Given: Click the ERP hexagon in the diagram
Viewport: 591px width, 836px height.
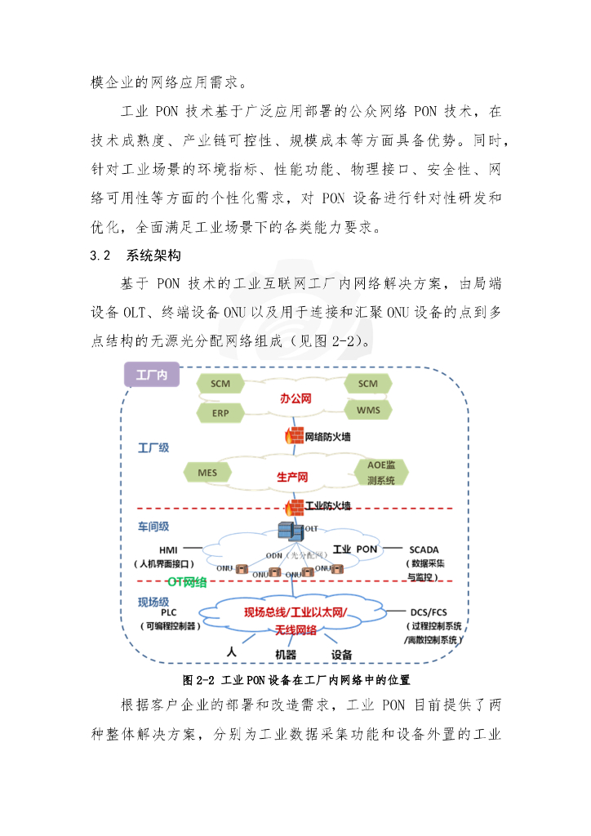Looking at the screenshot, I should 220,413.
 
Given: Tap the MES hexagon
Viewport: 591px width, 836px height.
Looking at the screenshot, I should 207,472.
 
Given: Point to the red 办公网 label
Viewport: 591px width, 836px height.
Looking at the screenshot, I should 296,399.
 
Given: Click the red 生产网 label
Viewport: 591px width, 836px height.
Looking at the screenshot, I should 291,477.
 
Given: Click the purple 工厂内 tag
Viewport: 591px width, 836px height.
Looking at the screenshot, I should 152,375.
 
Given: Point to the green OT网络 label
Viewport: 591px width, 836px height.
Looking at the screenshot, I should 187,582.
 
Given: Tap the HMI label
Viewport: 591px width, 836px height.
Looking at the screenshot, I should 168,549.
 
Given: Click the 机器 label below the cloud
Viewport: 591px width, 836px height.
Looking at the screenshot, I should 286,654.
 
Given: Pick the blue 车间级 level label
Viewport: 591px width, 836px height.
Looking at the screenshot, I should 153,527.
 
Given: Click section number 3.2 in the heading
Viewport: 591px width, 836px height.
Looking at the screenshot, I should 100,256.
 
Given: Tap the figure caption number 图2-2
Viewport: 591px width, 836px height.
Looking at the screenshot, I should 198,679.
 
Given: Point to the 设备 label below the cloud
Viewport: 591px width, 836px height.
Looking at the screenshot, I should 341,654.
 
